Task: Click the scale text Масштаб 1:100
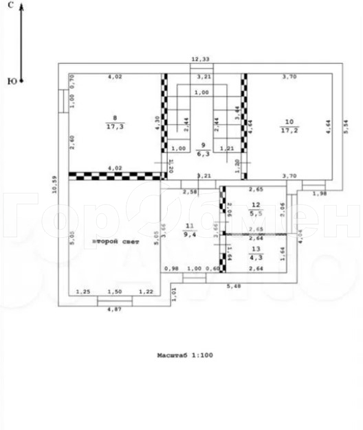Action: click(x=181, y=356)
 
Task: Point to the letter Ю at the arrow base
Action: click(x=12, y=81)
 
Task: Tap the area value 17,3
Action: click(x=115, y=127)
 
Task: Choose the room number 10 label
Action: click(x=289, y=122)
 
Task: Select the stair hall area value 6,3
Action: click(x=201, y=154)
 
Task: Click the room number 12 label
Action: click(x=256, y=204)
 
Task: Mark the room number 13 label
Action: click(x=256, y=248)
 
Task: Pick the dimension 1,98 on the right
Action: click(x=320, y=193)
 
